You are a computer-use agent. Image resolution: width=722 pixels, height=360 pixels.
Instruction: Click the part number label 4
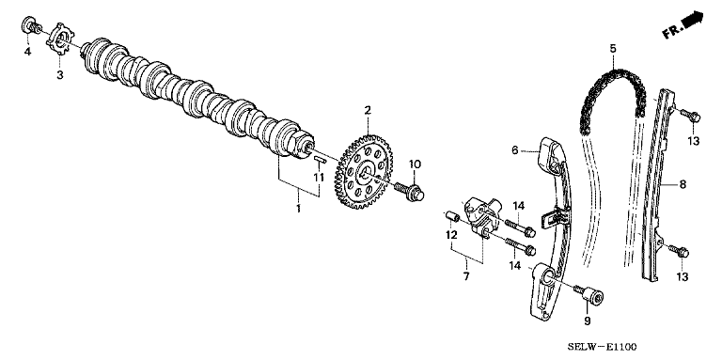pos(27,52)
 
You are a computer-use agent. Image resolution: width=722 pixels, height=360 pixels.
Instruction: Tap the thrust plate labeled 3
pos(60,41)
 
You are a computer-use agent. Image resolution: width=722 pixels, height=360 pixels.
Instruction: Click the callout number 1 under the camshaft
pos(298,208)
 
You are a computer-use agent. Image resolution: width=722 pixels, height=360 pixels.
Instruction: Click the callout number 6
pos(514,149)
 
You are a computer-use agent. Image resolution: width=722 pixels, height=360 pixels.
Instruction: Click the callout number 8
pos(683,184)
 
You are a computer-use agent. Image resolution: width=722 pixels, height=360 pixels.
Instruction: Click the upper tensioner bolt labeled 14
pos(521,227)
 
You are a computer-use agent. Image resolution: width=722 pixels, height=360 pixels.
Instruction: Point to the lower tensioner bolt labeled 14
pos(521,246)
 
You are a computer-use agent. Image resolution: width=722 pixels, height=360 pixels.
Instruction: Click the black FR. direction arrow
pos(692,21)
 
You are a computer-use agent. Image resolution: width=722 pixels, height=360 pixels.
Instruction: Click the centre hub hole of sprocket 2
pos(366,172)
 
